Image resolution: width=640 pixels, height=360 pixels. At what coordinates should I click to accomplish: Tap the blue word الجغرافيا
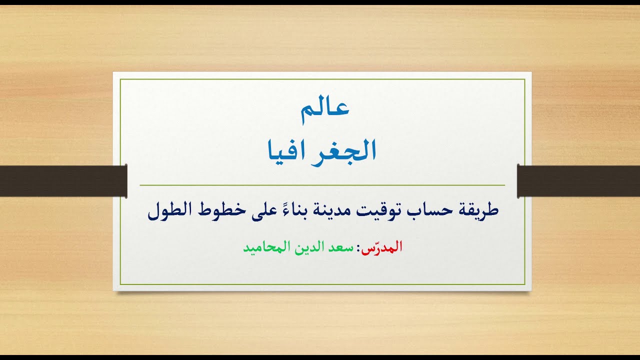pyautogui.click(x=320, y=150)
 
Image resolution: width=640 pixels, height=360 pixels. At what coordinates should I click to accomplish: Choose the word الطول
pyautogui.click(x=169, y=210)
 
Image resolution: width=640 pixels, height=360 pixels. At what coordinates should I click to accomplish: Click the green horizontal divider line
pyautogui.click(x=320, y=185)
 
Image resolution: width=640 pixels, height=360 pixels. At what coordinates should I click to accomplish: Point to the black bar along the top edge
pyautogui.click(x=320, y=2)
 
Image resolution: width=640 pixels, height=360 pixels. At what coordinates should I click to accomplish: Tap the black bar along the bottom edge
pyautogui.click(x=320, y=357)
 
